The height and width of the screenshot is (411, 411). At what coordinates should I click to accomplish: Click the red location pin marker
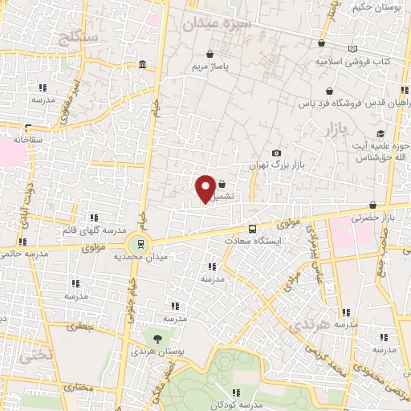205,189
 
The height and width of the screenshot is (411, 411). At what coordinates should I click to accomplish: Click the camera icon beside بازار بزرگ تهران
276,153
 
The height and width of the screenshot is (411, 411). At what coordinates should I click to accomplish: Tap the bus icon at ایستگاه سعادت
253,230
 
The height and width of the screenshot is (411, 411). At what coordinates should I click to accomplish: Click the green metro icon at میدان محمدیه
141,243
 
